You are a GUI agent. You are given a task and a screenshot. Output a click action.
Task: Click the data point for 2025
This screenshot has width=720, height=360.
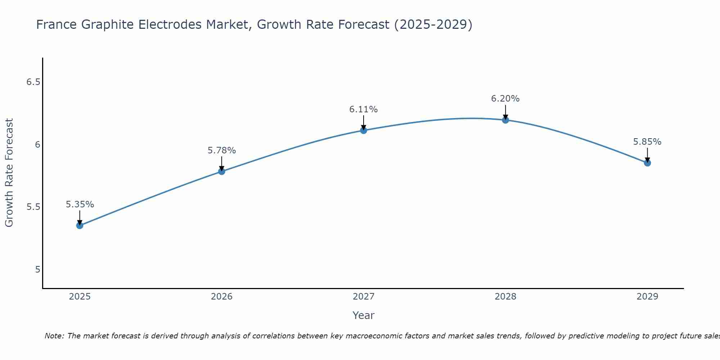80,225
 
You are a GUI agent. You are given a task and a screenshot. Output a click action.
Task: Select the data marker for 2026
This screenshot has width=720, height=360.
221,171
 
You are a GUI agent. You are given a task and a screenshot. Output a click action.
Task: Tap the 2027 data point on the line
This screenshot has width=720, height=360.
364,130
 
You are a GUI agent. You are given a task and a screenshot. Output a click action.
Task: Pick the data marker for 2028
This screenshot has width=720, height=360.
505,120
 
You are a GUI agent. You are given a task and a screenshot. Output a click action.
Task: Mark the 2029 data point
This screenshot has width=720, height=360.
647,163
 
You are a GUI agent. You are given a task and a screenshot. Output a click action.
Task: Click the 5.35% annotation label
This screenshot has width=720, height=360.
80,204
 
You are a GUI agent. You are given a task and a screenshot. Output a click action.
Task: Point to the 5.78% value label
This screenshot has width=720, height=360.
221,150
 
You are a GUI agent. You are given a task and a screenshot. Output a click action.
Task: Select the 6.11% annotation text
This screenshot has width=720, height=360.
364,109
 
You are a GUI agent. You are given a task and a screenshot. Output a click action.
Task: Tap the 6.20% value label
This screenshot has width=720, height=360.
505,99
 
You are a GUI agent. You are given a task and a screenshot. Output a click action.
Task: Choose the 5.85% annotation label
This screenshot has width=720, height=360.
647,142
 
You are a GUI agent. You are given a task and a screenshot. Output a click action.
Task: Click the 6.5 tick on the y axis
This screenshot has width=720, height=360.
33,82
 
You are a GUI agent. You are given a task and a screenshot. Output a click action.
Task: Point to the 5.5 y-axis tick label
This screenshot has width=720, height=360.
33,207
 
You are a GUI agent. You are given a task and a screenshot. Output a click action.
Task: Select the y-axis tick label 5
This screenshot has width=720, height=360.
37,270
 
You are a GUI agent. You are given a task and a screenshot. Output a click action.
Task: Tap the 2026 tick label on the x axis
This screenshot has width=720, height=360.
221,297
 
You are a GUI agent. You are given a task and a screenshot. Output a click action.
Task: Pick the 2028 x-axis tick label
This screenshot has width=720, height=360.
505,297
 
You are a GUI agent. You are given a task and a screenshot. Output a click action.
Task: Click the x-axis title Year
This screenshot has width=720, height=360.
364,315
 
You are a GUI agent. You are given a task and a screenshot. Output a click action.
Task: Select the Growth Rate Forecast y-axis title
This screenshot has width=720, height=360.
9,173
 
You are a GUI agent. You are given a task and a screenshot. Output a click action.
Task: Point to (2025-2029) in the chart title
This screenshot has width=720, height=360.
433,25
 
